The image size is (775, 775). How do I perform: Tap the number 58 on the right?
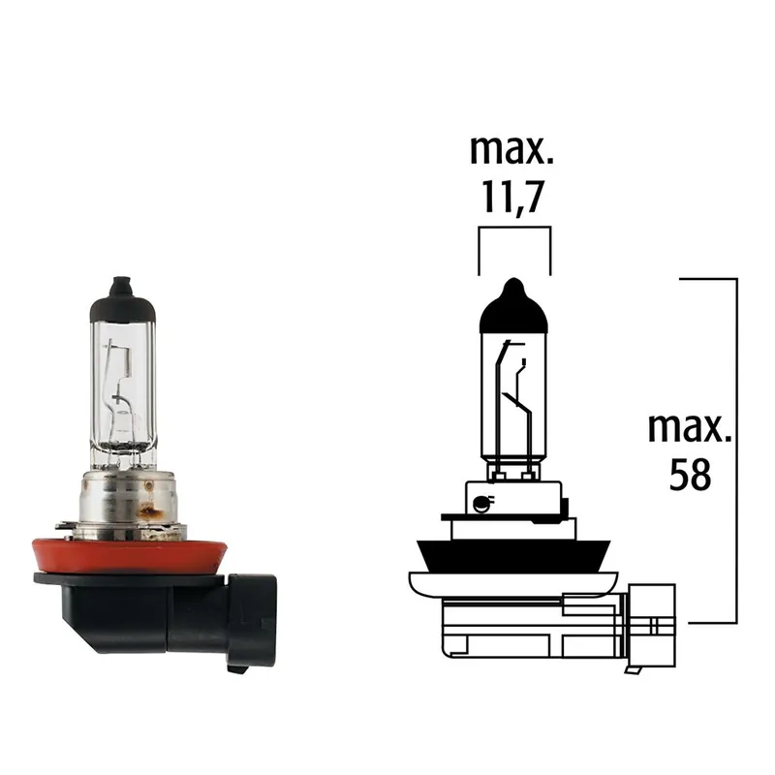point(690,474)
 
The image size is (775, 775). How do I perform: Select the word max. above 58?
point(690,427)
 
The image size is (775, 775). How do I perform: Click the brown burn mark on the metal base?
point(150,504)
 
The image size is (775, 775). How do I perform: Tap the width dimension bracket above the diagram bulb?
point(514,230)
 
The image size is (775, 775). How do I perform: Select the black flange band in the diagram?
point(512,552)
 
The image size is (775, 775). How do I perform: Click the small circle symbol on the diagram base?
point(479,502)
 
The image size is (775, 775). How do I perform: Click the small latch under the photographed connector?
point(237,666)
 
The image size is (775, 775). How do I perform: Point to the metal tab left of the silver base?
point(64,525)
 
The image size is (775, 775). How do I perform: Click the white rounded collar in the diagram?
point(512,583)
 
